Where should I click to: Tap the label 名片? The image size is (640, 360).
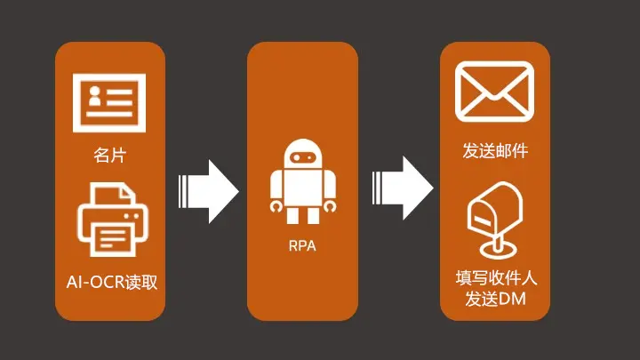point(109,156)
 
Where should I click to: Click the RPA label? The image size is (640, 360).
point(302,246)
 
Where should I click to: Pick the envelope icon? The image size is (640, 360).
point(494,92)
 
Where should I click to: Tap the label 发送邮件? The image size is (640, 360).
point(495,150)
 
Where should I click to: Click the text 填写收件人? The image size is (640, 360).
point(495,278)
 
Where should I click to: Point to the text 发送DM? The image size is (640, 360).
point(495,299)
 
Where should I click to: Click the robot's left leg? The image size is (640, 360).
point(292,214)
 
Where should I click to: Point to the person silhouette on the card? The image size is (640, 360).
point(94,100)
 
